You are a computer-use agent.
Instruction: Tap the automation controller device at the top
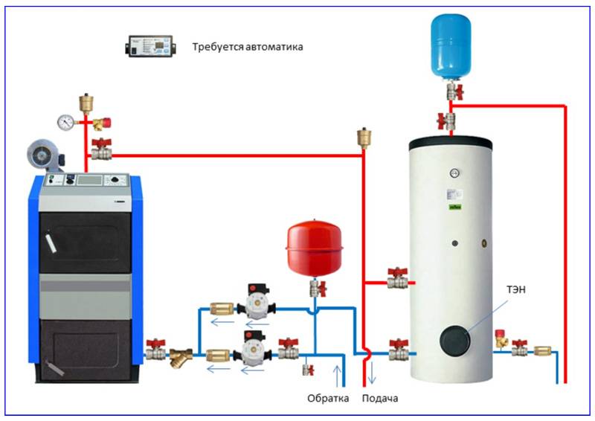[149, 46]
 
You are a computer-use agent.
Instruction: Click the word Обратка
[328, 398]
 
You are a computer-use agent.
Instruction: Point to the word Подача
[380, 398]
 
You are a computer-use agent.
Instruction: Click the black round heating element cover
[456, 340]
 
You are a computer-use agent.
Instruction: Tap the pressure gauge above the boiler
[66, 119]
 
